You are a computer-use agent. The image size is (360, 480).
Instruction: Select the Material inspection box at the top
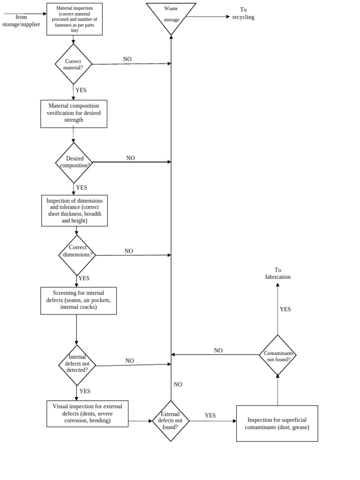[x=75, y=19]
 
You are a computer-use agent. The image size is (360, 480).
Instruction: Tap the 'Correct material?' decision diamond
[x=73, y=64]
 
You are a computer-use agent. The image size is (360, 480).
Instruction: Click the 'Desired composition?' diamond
[x=74, y=162]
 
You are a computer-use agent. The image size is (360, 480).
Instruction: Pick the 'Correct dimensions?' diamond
[x=77, y=255]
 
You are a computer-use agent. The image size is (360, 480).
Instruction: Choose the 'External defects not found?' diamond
[x=171, y=420]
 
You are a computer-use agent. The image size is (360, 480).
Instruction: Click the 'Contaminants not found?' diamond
[x=277, y=355]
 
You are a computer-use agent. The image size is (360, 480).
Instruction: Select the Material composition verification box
[x=74, y=113]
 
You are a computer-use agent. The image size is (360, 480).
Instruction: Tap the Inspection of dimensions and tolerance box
[x=75, y=210]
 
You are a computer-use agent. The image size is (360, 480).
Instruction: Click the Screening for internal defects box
[x=78, y=300]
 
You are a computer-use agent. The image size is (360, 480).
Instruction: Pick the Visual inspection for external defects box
[x=87, y=413]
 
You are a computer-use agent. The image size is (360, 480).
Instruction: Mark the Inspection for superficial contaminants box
[x=277, y=423]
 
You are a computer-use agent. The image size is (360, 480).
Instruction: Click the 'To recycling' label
[x=243, y=14]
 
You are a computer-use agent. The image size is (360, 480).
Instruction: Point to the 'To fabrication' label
[x=277, y=273]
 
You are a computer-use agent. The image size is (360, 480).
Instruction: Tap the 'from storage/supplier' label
[x=21, y=21]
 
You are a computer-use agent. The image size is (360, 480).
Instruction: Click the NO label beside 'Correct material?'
[x=127, y=59]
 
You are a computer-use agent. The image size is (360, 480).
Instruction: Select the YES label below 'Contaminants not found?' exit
[x=285, y=309]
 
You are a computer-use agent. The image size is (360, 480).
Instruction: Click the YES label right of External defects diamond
[x=210, y=415]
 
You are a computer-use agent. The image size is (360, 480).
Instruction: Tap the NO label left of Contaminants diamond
[x=218, y=351]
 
